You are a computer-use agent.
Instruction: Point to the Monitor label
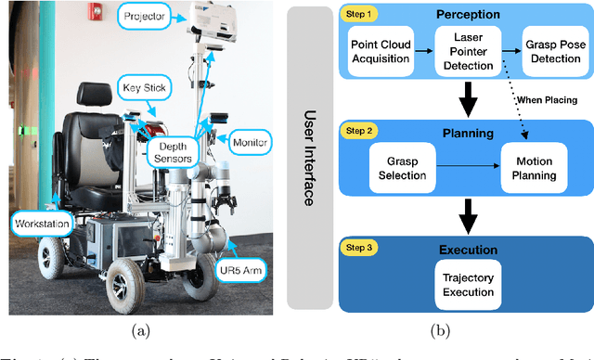(252, 144)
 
